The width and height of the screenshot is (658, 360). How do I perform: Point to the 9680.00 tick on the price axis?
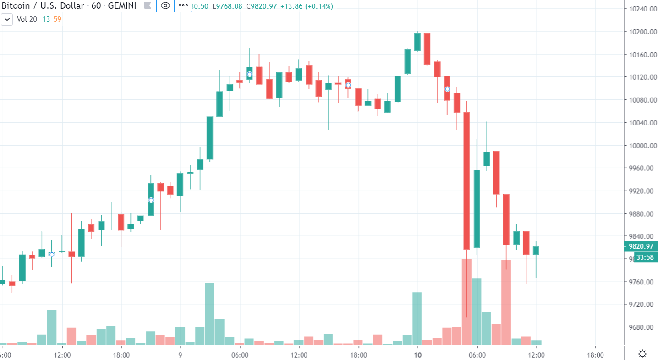click(640, 327)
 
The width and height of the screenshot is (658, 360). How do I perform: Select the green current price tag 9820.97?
click(641, 246)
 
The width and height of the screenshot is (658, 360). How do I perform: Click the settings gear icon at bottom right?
click(642, 354)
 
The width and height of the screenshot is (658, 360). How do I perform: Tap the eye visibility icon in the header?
click(166, 6)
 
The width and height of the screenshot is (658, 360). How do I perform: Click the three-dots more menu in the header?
click(183, 6)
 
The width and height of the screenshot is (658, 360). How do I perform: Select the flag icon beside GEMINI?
click(148, 6)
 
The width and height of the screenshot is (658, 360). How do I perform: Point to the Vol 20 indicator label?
click(27, 19)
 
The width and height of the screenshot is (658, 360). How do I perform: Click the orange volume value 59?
click(57, 19)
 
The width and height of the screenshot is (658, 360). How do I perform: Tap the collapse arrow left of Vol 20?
click(7, 19)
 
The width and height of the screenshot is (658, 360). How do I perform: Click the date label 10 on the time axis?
click(417, 355)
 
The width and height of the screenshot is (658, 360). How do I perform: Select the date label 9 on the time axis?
click(180, 355)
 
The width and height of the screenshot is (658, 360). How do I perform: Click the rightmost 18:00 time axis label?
click(595, 355)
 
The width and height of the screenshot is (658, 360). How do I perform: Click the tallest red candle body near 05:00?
click(466, 181)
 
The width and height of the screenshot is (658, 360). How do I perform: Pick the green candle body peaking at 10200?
click(417, 42)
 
